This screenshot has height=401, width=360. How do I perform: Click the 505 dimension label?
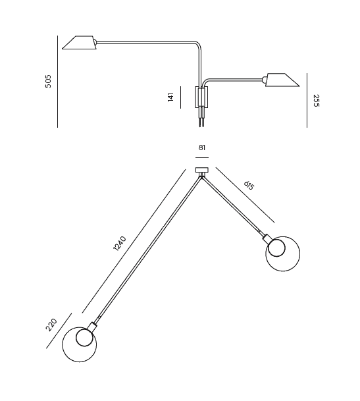[48, 82]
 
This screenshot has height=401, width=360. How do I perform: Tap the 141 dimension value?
[170, 97]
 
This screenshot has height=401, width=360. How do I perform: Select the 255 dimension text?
[317, 101]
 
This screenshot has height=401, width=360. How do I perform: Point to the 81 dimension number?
[202, 147]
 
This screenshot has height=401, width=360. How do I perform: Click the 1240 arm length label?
[120, 244]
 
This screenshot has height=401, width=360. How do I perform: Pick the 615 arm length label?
[249, 186]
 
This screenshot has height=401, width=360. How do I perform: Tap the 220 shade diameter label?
[51, 325]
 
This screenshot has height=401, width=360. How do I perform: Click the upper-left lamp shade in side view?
[80, 42]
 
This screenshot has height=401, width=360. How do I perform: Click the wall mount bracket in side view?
[202, 97]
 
